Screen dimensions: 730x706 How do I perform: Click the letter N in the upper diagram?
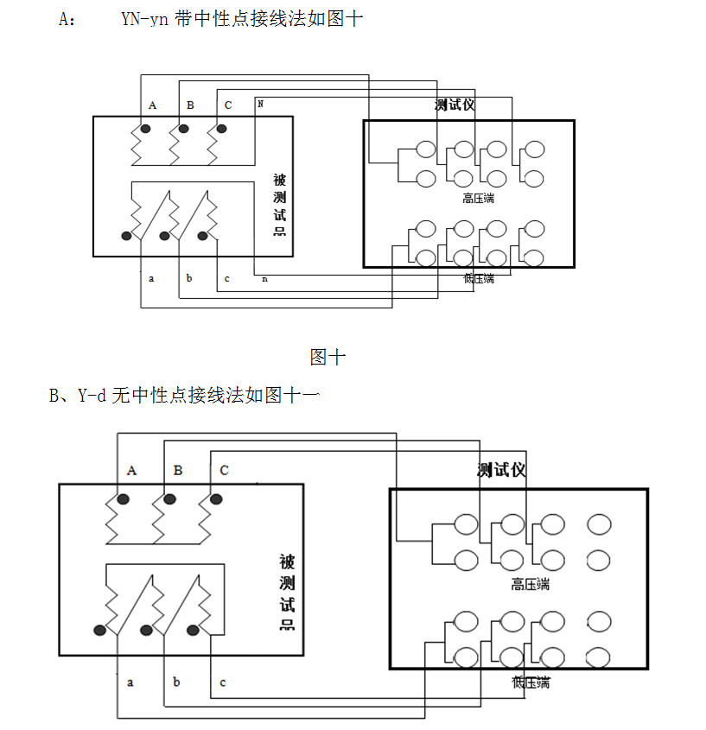click(260, 104)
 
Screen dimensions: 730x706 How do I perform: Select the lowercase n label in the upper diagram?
click(264, 278)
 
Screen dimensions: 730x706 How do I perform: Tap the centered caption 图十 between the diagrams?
click(328, 356)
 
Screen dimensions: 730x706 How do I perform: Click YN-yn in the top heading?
click(145, 19)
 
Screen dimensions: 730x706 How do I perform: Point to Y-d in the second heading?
click(92, 396)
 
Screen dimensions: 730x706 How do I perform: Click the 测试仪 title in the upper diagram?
click(455, 105)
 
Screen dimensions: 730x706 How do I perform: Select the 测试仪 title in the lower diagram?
click(501, 470)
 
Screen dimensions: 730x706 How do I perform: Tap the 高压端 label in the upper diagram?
click(478, 198)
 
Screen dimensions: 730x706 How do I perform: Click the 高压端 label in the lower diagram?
click(530, 585)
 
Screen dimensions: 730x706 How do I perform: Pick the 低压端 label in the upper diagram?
click(478, 278)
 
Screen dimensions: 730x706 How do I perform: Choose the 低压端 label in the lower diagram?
click(530, 682)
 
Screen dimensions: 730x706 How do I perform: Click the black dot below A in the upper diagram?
click(146, 130)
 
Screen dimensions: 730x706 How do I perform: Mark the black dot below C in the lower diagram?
click(216, 499)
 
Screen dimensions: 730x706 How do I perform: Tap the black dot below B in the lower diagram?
click(170, 499)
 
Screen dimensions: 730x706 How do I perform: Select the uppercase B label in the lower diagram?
click(178, 471)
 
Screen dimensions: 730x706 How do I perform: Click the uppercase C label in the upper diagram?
click(228, 105)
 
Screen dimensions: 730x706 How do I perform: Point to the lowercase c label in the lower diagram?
click(222, 682)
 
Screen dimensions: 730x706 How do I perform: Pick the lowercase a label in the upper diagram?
click(151, 278)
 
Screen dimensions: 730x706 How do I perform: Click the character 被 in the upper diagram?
click(279, 181)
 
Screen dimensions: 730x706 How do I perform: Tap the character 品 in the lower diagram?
click(287, 625)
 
